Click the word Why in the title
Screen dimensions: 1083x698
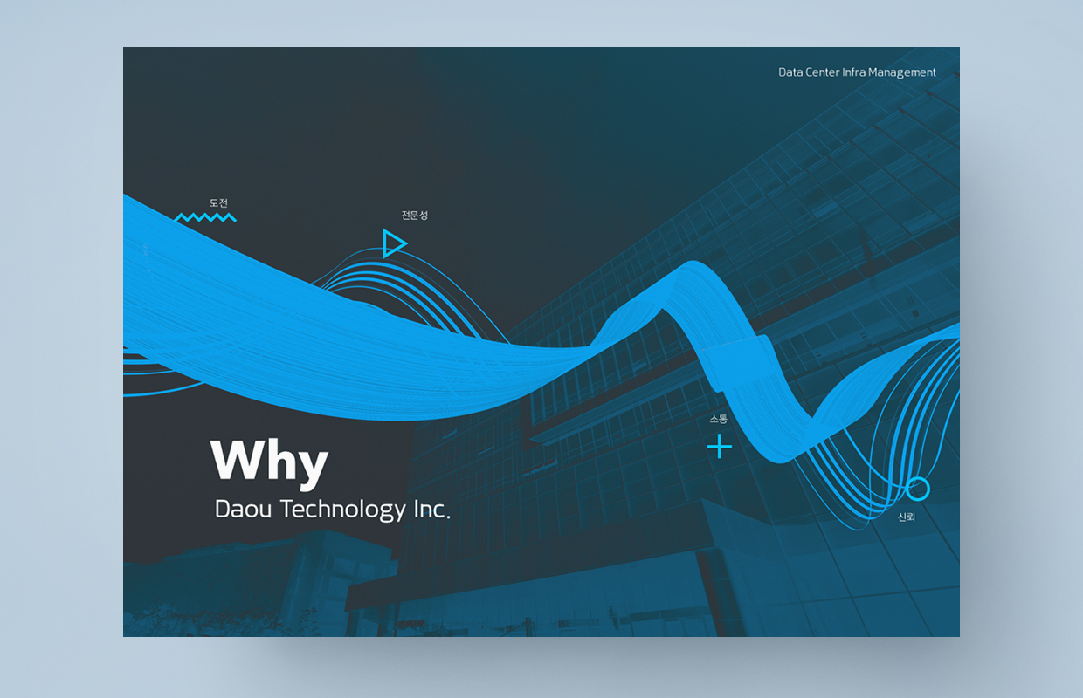(270, 462)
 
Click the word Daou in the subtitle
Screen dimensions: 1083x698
(243, 510)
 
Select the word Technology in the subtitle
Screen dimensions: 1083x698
(343, 510)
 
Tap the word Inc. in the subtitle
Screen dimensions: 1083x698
(432, 510)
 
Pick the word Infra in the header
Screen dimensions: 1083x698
(854, 72)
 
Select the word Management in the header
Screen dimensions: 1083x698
(902, 73)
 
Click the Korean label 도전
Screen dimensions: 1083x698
(218, 203)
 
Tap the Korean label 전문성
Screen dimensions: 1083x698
(415, 215)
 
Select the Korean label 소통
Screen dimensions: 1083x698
(719, 419)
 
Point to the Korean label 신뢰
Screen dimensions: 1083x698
(907, 517)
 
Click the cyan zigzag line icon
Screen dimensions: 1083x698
(205, 217)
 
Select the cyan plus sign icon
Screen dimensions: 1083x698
(720, 446)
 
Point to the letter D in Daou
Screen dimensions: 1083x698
(223, 510)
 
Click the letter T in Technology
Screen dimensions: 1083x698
(288, 510)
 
